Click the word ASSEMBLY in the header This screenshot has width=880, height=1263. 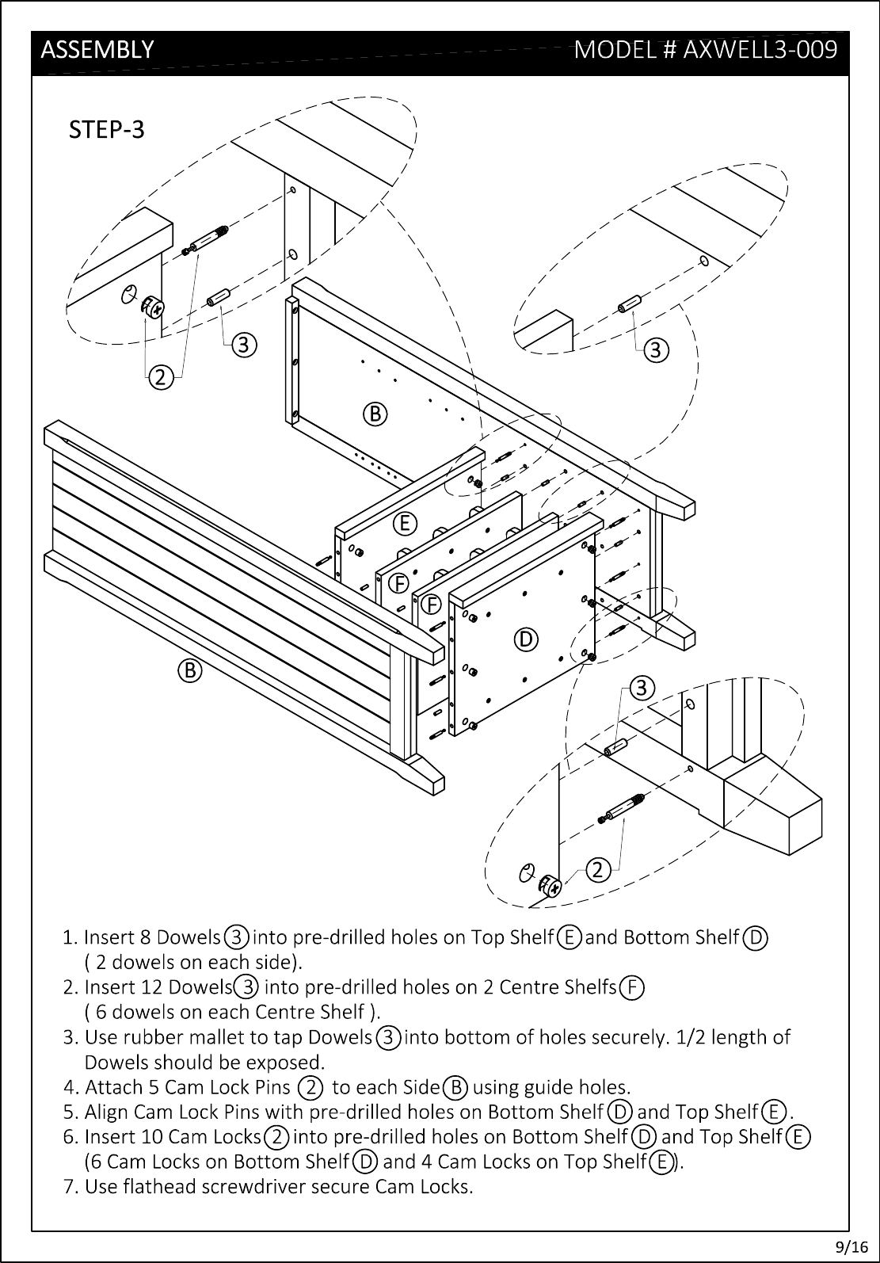point(97,50)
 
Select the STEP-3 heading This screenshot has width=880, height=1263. point(107,130)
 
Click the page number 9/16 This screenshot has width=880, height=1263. point(852,1246)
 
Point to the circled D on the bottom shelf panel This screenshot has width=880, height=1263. point(526,639)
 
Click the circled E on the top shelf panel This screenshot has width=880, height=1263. point(405,524)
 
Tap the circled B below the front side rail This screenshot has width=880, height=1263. point(190,671)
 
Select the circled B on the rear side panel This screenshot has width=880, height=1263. point(375,414)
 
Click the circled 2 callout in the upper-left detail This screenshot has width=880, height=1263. point(161,377)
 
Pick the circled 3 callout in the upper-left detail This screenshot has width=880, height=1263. point(244,345)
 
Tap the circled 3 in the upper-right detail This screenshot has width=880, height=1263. point(656,350)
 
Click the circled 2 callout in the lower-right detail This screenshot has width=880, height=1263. point(598,870)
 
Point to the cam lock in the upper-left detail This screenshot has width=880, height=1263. point(152,306)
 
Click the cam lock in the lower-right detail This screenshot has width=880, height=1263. point(550,886)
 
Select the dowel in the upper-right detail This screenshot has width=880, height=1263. point(630,303)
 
